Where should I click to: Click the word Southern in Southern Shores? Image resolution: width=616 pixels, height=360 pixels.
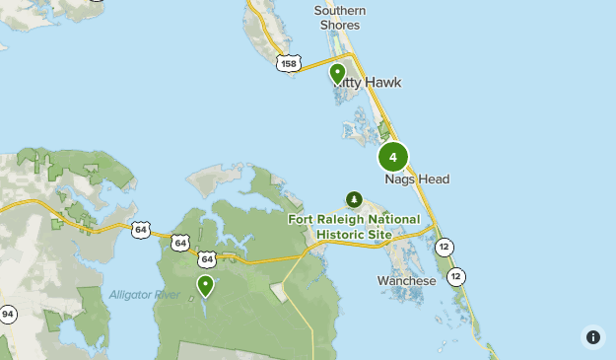340,11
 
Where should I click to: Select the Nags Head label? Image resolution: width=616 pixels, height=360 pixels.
417,180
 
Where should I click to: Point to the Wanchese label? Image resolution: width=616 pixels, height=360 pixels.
406,281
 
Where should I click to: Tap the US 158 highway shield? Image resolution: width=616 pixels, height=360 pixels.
288,63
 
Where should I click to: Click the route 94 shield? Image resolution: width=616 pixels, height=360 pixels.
8,315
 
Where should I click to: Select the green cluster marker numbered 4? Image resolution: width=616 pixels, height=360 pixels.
393,157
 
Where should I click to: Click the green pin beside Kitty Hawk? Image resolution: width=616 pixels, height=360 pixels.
337,73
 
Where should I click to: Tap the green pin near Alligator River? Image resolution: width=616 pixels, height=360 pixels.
205,285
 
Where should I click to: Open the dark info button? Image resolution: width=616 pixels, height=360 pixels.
592,336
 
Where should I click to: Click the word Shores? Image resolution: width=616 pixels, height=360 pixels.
340,27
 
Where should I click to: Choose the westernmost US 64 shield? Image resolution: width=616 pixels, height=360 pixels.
141,230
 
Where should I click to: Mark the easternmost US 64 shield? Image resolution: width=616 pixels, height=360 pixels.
205,258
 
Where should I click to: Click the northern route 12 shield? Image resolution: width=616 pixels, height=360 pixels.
445,247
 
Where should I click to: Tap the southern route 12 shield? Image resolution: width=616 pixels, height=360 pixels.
455,277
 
